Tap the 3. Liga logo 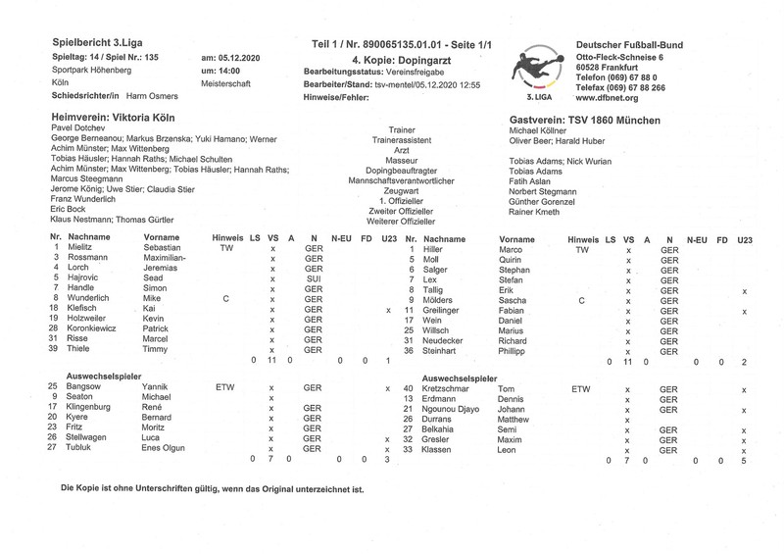(537, 73)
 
